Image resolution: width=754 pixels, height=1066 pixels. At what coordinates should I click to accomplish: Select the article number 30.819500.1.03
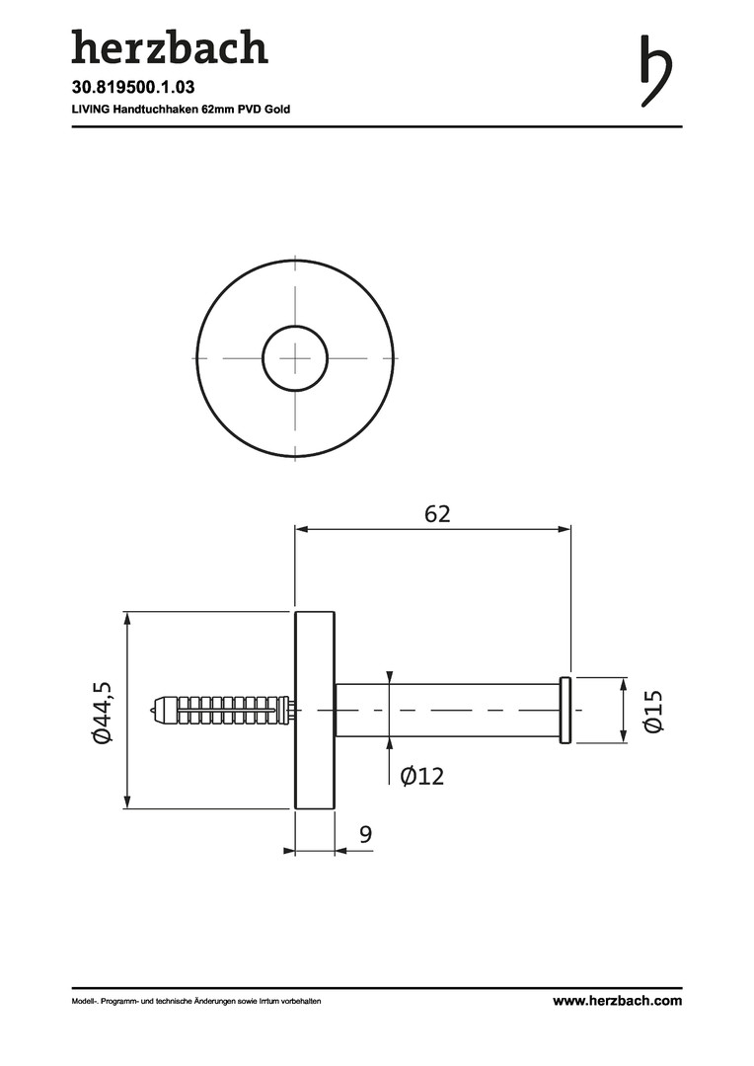(133, 87)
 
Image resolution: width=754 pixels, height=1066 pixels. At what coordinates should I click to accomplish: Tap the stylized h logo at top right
(656, 71)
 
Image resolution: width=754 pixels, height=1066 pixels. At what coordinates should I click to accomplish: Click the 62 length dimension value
(437, 514)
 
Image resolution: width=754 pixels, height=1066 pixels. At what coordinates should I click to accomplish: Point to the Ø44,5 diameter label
(102, 711)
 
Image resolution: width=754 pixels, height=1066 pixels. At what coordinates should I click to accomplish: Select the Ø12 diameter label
(422, 775)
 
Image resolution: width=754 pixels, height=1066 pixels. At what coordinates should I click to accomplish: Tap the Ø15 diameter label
(652, 711)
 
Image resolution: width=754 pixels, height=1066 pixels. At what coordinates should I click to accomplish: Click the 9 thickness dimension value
(366, 833)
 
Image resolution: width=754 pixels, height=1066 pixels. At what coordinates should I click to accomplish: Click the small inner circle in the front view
(296, 327)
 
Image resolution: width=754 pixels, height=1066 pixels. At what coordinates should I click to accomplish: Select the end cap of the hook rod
(565, 711)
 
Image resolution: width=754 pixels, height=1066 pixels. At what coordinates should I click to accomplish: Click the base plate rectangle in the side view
(315, 711)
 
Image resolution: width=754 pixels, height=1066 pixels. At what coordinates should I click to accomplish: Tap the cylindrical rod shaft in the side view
(447, 711)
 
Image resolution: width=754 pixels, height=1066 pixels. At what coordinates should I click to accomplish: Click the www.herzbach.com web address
(617, 1000)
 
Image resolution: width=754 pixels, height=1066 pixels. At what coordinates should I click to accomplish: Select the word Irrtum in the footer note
(266, 1001)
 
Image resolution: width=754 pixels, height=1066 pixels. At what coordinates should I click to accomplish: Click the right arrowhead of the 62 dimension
(564, 529)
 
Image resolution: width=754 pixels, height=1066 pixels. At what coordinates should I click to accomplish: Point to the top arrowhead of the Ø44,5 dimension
(126, 618)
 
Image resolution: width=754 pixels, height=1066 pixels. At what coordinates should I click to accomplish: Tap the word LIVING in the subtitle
(91, 109)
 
